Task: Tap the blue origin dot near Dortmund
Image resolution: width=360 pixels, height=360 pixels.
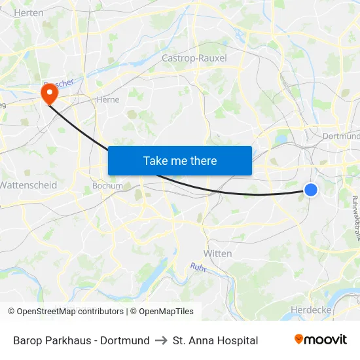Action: pyautogui.click(x=311, y=190)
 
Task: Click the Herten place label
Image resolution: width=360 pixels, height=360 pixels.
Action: pyautogui.click(x=28, y=12)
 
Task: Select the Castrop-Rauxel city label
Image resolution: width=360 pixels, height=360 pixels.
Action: pyautogui.click(x=194, y=58)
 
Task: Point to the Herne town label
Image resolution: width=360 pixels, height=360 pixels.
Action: pyautogui.click(x=107, y=100)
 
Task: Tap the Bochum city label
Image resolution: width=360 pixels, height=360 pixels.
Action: pyautogui.click(x=107, y=185)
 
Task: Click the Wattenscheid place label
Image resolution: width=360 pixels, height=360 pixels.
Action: pyautogui.click(x=28, y=185)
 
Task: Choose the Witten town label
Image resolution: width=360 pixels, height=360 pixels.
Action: pyautogui.click(x=218, y=253)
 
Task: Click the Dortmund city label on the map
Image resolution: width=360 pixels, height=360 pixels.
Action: pyautogui.click(x=341, y=136)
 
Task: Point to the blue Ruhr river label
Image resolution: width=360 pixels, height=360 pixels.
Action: pyautogui.click(x=198, y=266)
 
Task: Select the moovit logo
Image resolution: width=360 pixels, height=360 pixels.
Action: pyautogui.click(x=321, y=340)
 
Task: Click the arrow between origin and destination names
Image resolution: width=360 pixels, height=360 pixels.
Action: pyautogui.click(x=161, y=340)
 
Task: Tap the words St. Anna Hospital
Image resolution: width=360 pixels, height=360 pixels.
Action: pyautogui.click(x=215, y=340)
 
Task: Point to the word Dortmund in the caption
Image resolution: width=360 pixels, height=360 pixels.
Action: pyautogui.click(x=125, y=340)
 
